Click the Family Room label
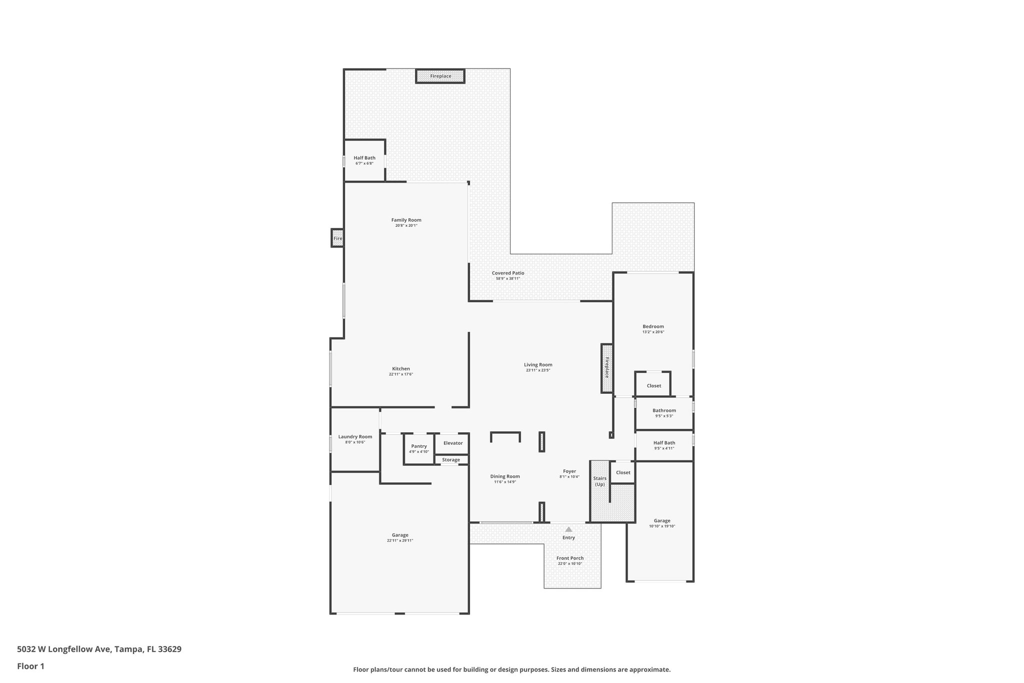(406, 220)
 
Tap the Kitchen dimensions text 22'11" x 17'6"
(401, 374)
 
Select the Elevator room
(452, 443)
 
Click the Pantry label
(419, 446)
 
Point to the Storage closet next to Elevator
(450, 460)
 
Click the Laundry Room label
(355, 437)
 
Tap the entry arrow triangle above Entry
(568, 529)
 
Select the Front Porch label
(570, 558)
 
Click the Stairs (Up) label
(599, 481)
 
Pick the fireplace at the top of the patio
(440, 76)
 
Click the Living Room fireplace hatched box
(607, 368)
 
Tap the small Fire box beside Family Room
(338, 238)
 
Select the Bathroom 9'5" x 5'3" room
(664, 413)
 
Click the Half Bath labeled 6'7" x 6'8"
(364, 160)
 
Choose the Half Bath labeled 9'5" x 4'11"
(664, 445)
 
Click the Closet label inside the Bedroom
(653, 386)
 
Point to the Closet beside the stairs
(623, 472)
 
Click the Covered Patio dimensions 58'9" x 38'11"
(508, 279)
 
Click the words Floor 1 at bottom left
(30, 666)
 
